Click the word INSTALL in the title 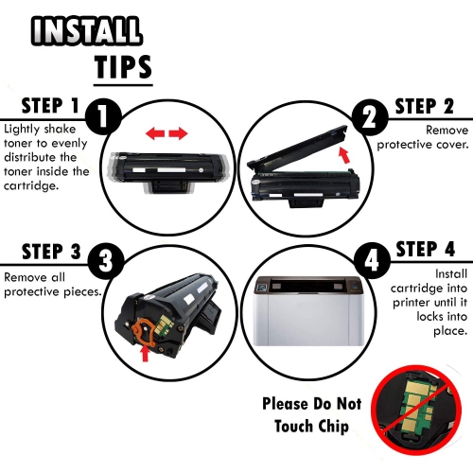click(x=87, y=30)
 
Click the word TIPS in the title click(x=123, y=67)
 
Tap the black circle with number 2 click(x=370, y=117)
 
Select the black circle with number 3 click(x=105, y=261)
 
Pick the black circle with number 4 click(x=372, y=260)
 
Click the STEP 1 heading click(x=50, y=106)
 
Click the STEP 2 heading click(x=425, y=106)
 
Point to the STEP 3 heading click(x=51, y=252)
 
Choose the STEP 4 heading click(x=426, y=249)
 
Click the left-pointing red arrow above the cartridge click(x=155, y=133)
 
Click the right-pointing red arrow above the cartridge click(x=178, y=133)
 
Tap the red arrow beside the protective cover click(x=344, y=155)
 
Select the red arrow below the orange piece click(x=145, y=353)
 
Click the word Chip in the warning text click(x=334, y=427)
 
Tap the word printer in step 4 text click(x=412, y=303)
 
